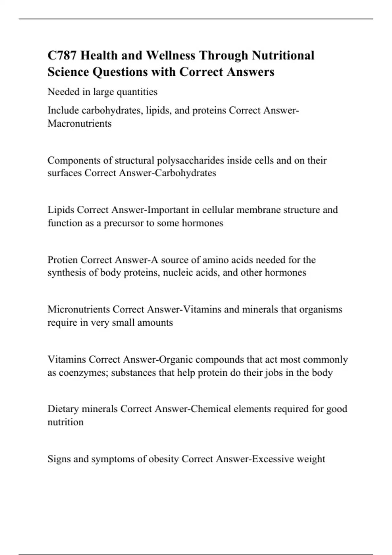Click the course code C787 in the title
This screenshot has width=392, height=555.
coord(62,55)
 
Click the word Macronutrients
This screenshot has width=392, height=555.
coord(79,123)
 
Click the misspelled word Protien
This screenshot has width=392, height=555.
coord(62,260)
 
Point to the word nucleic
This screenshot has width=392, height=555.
coord(178,273)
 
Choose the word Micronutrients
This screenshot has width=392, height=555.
coord(78,309)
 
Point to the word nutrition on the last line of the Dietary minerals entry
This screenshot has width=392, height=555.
coord(65,422)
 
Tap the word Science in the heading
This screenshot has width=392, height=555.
coord(68,72)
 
